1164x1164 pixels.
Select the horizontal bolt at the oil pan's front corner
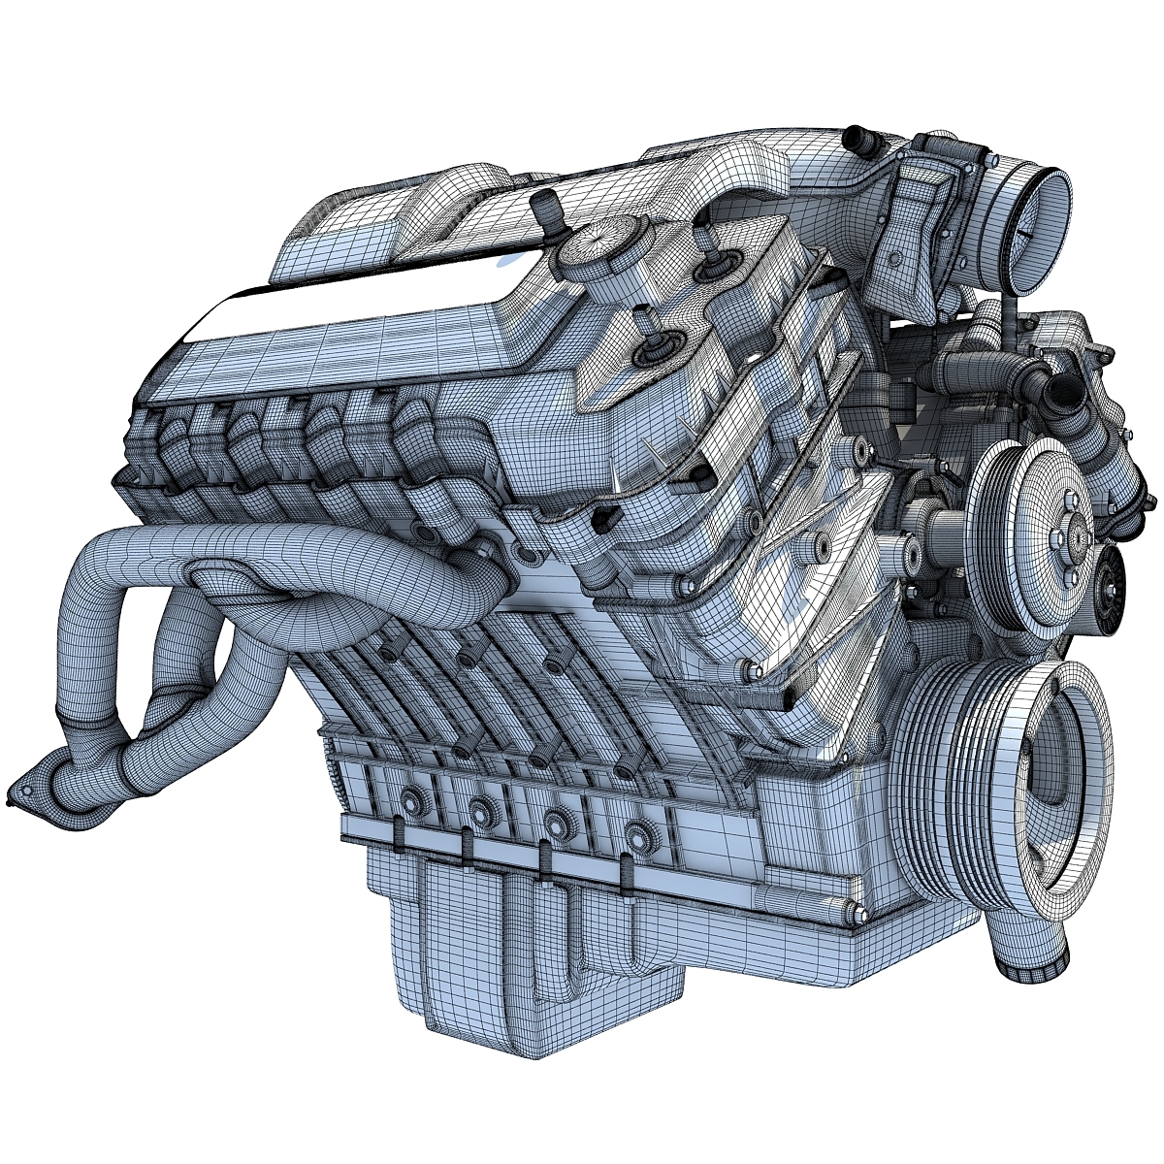854,911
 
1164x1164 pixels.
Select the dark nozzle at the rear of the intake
855,138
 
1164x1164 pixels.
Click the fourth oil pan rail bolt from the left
636,834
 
